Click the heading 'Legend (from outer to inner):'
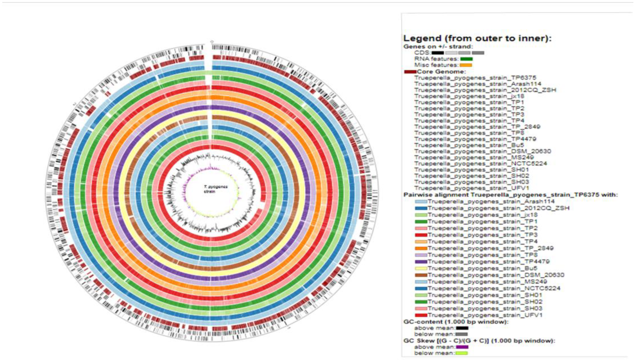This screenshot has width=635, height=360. [477, 39]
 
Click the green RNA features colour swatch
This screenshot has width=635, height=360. [466, 59]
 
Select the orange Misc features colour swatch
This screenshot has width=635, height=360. [466, 65]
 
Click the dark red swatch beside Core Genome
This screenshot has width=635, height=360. [410, 72]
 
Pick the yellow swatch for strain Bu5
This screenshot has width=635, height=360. [421, 268]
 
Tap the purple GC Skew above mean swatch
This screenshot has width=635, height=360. [462, 347]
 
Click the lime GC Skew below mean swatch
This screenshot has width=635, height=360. [462, 353]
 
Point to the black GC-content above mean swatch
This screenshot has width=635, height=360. [462, 328]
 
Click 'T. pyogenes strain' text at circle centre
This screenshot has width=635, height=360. [215, 189]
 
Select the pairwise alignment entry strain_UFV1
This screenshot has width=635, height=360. [485, 315]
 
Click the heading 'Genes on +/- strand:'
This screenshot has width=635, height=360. [438, 47]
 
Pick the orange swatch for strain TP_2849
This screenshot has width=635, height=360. [421, 248]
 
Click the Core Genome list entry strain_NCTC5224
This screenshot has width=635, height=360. [480, 164]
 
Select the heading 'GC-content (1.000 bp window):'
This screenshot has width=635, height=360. [456, 322]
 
